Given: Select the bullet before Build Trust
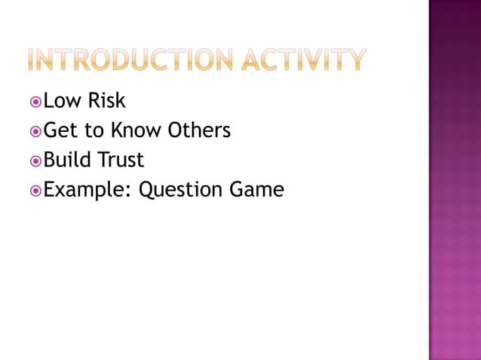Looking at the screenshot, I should [36, 161].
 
